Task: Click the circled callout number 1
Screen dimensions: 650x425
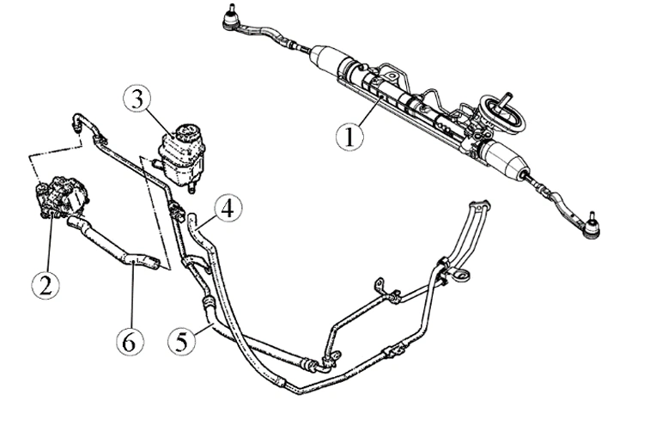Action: tap(349, 137)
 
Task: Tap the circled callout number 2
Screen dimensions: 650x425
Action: tap(46, 284)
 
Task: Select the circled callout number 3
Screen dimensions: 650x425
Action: tap(137, 100)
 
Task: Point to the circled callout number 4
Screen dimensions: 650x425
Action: tap(228, 208)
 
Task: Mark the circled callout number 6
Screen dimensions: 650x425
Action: tap(131, 343)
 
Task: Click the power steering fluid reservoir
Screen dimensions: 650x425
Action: tap(181, 155)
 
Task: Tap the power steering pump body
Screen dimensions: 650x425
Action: tap(61, 197)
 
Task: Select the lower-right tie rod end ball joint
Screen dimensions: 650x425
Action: tap(592, 226)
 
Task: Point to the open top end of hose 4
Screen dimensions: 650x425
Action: tap(192, 217)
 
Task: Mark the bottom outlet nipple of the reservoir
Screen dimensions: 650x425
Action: tap(191, 187)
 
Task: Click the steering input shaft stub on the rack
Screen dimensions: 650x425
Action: tap(506, 99)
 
